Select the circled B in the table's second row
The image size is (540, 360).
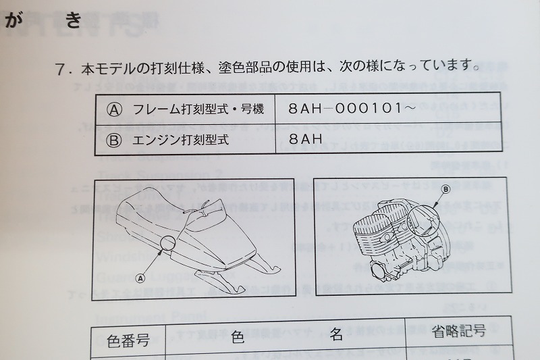tap(115, 140)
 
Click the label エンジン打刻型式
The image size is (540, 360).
tap(182, 140)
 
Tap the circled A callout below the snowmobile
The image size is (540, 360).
tap(140, 276)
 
